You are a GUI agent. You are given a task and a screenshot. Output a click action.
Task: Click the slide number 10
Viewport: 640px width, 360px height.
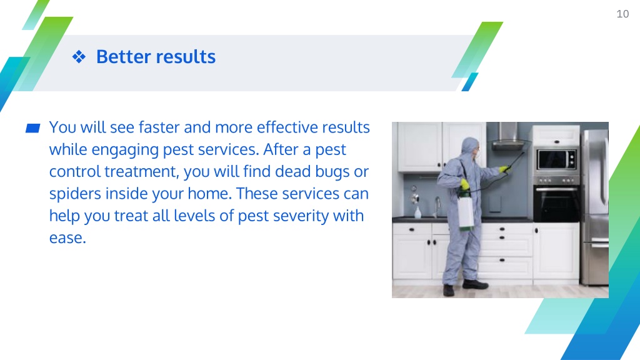[622, 14]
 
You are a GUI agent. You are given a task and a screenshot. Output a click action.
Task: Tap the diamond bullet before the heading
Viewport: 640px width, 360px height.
[79, 57]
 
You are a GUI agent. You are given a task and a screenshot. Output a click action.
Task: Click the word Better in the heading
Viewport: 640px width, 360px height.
[123, 57]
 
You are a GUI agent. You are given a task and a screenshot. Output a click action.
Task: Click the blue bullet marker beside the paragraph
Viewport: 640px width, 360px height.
[32, 128]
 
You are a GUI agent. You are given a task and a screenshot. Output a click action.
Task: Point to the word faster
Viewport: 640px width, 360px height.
[159, 127]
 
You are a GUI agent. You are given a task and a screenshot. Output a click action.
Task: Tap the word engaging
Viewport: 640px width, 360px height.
[125, 150]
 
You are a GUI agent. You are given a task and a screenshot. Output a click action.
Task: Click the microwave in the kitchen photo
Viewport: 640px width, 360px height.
[556, 159]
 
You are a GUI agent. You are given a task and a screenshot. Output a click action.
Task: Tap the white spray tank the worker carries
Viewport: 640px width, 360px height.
[465, 211]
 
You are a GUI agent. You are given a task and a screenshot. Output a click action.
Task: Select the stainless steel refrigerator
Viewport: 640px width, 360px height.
[595, 207]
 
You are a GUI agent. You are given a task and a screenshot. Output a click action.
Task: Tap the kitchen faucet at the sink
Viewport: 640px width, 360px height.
[437, 206]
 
